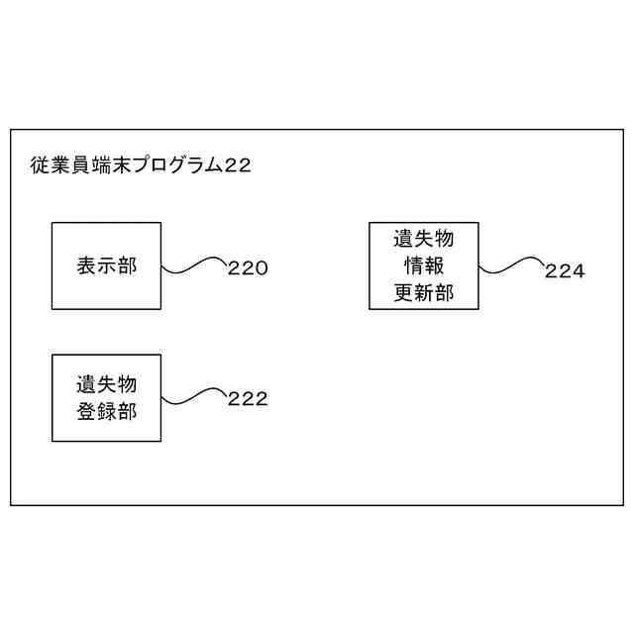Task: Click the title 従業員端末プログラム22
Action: tap(140, 165)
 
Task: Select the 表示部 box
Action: tap(106, 265)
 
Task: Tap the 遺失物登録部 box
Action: tap(106, 397)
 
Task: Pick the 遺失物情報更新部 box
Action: tap(423, 265)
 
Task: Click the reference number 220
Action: tap(248, 267)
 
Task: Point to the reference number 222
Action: tap(248, 399)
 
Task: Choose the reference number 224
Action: tap(565, 270)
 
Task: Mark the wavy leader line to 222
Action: tap(194, 397)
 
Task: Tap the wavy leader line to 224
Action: tap(510, 265)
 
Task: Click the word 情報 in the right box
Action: tap(423, 266)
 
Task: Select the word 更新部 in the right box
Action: tap(423, 294)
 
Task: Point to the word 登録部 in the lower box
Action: tap(106, 412)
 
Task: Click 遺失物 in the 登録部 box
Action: tap(106, 383)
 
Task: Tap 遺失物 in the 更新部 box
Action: tap(423, 239)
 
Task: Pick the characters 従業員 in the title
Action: tap(61, 165)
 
